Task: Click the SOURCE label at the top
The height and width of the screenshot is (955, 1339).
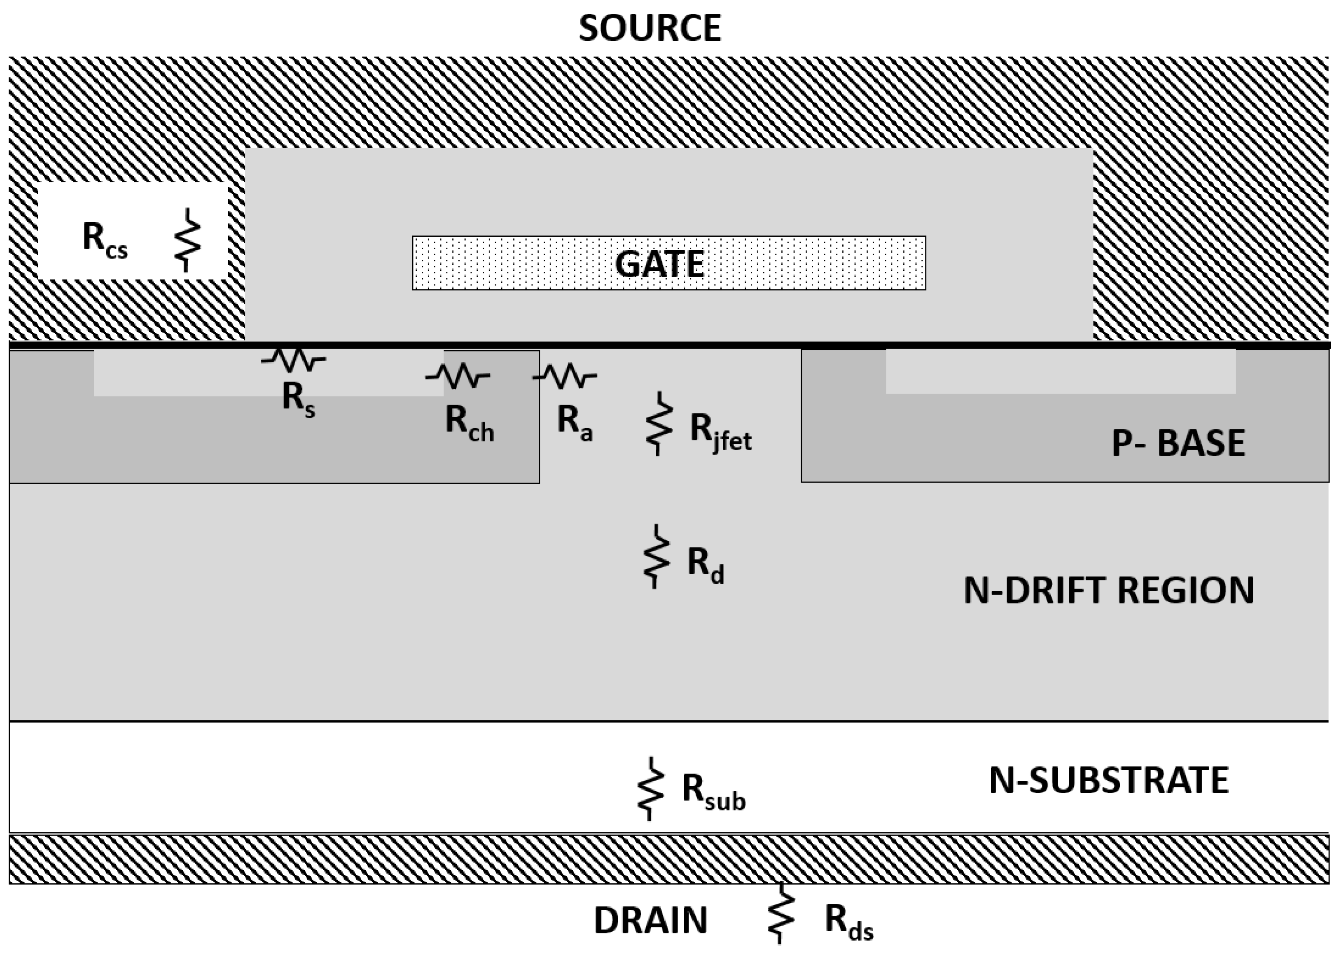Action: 650,28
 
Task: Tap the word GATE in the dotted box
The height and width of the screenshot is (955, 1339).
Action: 659,263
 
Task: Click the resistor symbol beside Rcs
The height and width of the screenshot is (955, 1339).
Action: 187,240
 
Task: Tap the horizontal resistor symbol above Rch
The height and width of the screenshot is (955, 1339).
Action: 458,375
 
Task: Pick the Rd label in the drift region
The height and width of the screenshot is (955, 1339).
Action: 705,564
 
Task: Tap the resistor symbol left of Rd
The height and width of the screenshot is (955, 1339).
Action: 655,556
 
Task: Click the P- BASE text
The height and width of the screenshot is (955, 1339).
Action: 1178,443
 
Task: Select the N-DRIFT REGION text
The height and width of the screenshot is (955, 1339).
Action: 1108,590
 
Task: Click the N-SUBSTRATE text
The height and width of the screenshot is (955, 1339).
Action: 1108,780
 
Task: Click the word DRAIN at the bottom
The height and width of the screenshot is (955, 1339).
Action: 650,920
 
